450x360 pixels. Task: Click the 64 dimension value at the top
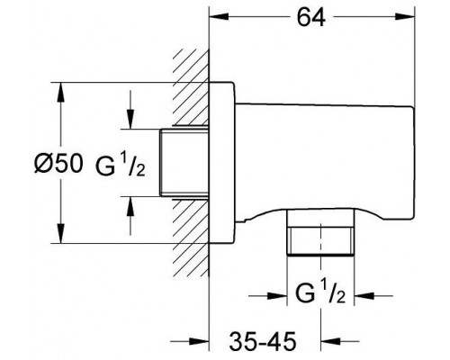[x=311, y=17]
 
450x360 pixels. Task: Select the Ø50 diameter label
[x=58, y=164]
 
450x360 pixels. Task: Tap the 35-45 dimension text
[x=263, y=341]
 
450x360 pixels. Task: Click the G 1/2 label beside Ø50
[x=121, y=166]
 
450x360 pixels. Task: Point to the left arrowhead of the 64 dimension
[x=219, y=16]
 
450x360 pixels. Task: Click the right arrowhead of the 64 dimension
[x=405, y=16]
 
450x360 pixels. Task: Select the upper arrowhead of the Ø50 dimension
[x=61, y=93]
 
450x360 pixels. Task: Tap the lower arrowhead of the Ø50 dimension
[x=61, y=233]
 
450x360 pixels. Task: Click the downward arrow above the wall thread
[x=130, y=110]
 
